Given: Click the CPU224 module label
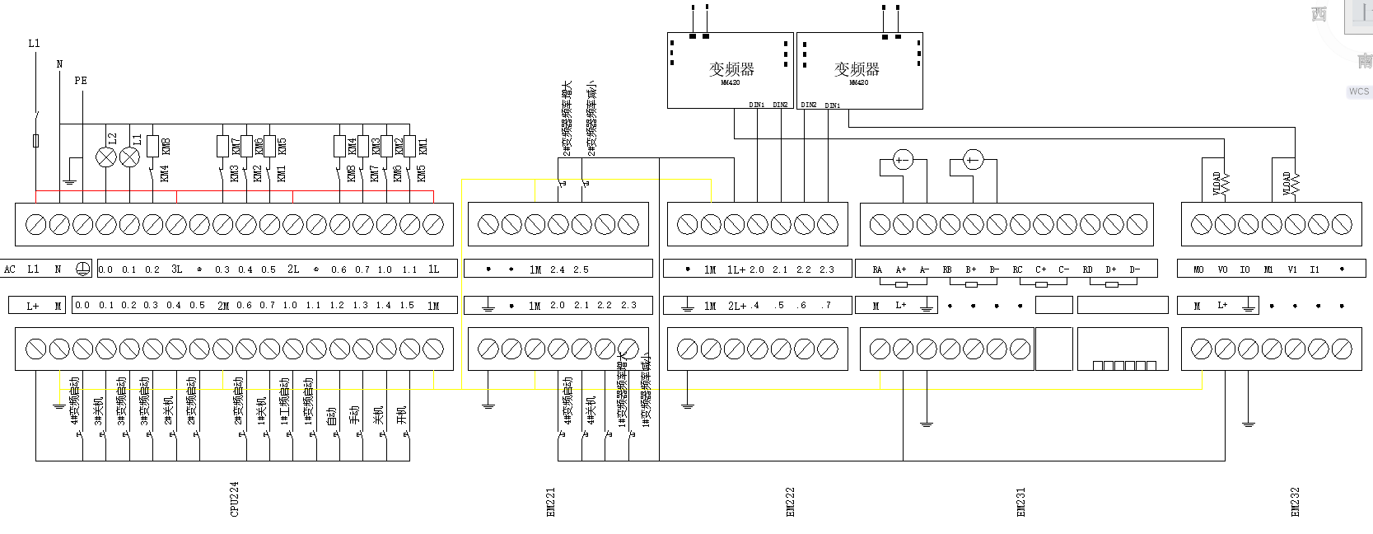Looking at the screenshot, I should (235, 499).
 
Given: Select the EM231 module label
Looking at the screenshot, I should (1021, 502).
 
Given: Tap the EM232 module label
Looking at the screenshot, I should (1295, 502).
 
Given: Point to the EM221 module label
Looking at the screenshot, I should (551, 502).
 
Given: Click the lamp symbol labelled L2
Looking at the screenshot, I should (106, 157).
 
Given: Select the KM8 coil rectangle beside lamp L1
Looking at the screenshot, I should (152, 146).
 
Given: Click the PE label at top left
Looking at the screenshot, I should (81, 80).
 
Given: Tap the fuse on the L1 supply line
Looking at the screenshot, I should (35, 141).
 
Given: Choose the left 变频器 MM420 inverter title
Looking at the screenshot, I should (731, 70).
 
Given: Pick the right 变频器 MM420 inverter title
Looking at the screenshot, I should (857, 70).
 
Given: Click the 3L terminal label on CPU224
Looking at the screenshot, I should (176, 269).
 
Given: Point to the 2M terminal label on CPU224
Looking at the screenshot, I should (223, 306).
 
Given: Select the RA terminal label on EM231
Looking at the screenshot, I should (877, 269).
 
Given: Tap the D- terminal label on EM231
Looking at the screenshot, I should (1134, 269).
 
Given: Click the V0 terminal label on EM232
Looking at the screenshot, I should (1222, 269).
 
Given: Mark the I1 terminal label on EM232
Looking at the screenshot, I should (1315, 269).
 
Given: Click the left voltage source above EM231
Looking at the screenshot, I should (903, 160).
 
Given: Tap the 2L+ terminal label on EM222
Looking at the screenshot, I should (737, 306).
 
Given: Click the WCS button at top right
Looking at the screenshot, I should (1358, 91).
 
